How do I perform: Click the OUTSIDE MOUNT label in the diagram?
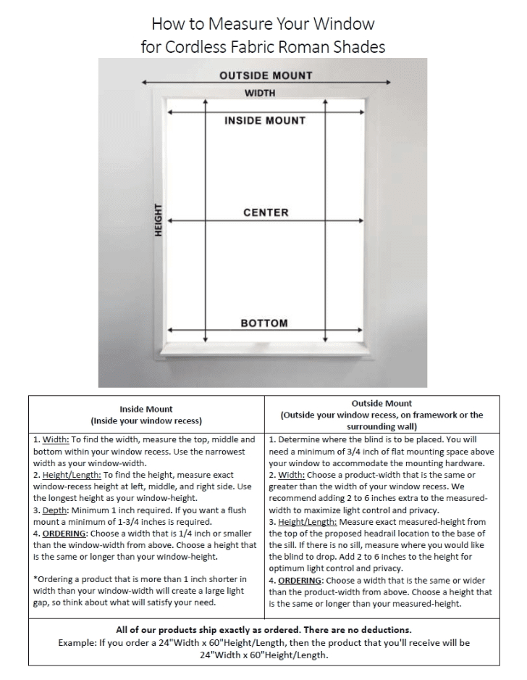266,75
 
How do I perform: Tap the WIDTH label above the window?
260,93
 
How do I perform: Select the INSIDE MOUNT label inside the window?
265,120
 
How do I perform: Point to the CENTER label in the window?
266,212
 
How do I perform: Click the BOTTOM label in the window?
264,323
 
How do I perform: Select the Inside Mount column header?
146,409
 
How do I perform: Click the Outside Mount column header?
381,403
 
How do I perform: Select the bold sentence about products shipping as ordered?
263,629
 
